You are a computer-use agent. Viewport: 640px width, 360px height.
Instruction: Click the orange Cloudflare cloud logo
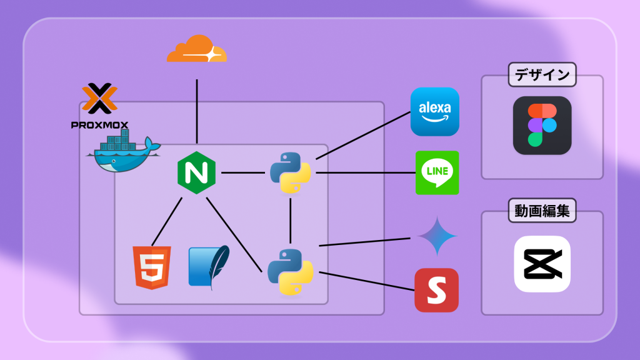pos(196,49)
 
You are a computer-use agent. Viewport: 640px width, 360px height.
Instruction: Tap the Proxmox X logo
pos(100,99)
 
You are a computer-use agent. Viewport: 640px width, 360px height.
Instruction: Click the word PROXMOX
pos(100,125)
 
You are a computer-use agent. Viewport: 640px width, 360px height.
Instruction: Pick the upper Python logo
pos(291,172)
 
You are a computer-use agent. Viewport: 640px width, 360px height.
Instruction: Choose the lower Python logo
pos(291,271)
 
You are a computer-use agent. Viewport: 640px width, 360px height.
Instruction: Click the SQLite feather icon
pos(209,267)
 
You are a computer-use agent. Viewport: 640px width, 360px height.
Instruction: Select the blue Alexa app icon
pos(434,112)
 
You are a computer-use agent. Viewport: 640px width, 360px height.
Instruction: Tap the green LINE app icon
pos(437,172)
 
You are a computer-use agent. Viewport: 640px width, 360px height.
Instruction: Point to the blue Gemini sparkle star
pos(437,236)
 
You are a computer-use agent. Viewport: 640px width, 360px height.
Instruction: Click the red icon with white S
pos(436,290)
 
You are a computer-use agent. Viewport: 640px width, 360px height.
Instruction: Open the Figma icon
pos(542,126)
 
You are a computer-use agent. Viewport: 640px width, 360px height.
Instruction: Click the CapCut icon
pos(542,264)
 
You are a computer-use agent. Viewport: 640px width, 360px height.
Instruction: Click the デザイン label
pos(542,76)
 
